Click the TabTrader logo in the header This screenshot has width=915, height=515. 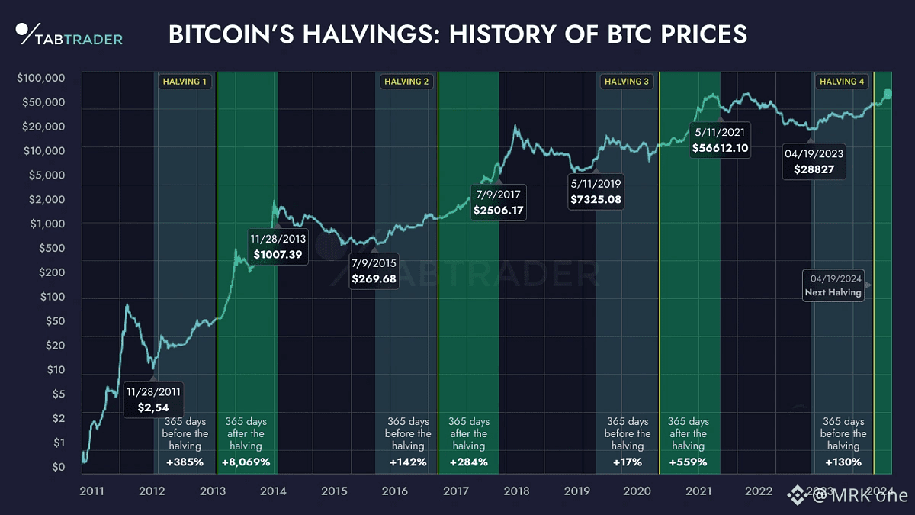69,35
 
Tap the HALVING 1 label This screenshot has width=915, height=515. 184,81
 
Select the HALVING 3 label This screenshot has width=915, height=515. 626,81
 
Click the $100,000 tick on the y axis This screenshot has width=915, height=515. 40,78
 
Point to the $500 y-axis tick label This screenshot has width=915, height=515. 52,248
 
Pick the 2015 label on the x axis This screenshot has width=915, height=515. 334,491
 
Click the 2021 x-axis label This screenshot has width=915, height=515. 698,491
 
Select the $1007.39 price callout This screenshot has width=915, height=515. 278,246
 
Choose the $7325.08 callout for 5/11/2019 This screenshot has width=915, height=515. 596,192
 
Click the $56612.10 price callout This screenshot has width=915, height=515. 719,140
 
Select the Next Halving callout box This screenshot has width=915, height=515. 833,285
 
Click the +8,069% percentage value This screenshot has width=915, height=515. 245,462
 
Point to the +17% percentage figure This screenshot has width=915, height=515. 628,462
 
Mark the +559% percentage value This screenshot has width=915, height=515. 688,462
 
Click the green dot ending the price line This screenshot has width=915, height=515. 887,93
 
